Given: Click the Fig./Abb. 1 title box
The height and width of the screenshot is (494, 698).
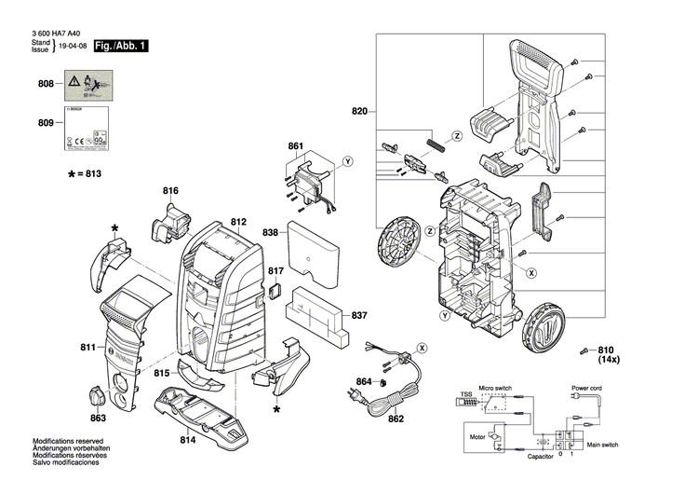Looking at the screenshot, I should tap(121, 46).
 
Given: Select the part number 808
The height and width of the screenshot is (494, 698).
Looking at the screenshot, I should tap(45, 85).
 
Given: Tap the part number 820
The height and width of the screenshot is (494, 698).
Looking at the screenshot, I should tap(360, 113).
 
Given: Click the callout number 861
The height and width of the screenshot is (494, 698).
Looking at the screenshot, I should tap(296, 147).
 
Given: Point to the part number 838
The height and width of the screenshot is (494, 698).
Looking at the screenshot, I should tap(270, 231).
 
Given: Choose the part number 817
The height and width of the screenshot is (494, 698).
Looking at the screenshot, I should tap(275, 271).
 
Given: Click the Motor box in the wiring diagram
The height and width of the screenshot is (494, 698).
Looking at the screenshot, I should tap(477, 435).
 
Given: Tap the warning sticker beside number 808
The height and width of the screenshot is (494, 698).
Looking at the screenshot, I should tap(84, 85).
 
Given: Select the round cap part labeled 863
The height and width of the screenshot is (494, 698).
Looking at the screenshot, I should tap(100, 395).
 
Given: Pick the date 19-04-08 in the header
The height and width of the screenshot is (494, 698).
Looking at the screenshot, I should tap(73, 46).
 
